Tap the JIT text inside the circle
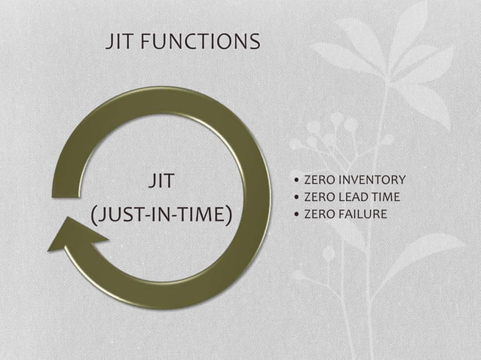[161, 182]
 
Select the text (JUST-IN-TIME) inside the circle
[161, 215]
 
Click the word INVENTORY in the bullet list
[371, 180]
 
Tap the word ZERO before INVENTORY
[317, 180]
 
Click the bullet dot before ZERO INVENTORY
[296, 181]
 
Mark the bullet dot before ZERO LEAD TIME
[296, 198]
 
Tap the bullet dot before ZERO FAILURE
[296, 215]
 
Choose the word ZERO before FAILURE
[317, 215]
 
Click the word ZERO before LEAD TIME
[317, 197]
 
